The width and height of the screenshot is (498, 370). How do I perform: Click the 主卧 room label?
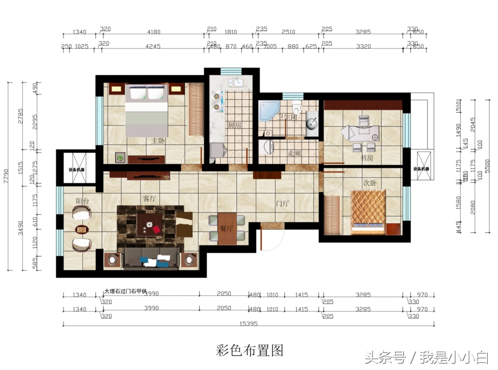(158, 141)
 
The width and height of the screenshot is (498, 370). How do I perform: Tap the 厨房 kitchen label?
(234, 125)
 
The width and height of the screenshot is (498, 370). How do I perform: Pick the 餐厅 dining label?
(226, 228)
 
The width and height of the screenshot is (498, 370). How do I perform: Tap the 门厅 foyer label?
(283, 203)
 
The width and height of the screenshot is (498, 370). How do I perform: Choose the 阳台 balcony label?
(82, 201)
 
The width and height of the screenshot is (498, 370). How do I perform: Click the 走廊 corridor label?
(294, 153)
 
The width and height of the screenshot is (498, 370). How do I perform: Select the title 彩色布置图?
(249, 351)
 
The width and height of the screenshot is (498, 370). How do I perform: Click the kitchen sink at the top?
(236, 83)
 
